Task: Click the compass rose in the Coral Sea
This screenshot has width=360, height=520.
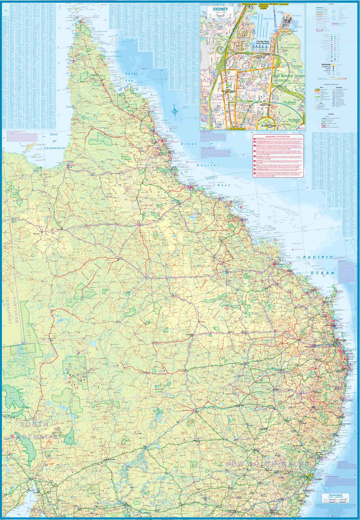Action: point(174,111)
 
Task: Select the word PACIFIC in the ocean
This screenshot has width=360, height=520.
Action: point(317,257)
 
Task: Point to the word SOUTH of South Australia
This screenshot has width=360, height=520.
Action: point(34,424)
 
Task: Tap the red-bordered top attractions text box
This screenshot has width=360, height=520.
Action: point(278,156)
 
